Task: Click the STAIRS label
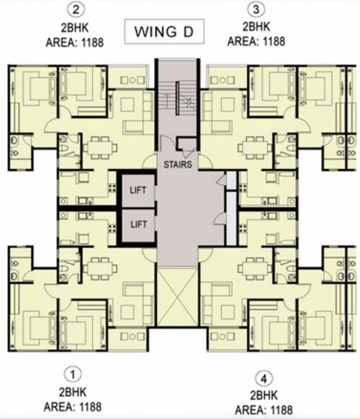pos(179,166)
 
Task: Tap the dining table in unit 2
pos(96,148)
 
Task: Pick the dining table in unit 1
pos(96,267)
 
